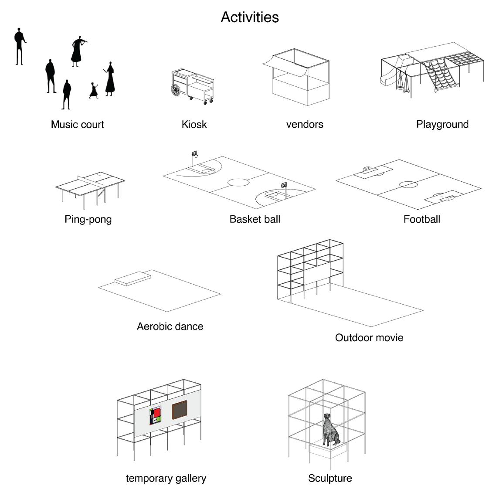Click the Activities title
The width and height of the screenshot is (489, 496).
coord(250,17)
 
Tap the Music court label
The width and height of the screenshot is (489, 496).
coord(78,125)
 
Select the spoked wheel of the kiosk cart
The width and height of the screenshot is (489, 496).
coord(176,90)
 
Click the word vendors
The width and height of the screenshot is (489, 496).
coord(305,125)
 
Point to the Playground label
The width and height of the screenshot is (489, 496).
coord(442,124)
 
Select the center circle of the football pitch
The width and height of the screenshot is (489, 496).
coord(408,184)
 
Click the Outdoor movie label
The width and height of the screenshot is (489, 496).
coord(369,338)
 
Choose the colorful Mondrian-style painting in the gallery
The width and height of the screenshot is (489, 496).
coord(155,415)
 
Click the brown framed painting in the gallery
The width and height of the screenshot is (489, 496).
coord(180,410)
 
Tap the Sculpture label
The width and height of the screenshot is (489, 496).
coord(330,478)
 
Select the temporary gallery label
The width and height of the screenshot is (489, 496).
coord(166,478)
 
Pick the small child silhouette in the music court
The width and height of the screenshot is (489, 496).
coord(93,91)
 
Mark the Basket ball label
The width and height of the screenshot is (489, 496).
coord(255,219)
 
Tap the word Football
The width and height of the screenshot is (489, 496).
coord(421,219)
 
